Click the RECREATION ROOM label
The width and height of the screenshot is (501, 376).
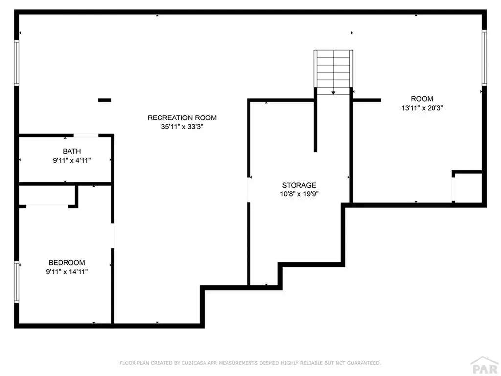[x=182, y=117]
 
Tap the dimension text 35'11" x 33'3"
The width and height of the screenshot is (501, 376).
[x=182, y=126]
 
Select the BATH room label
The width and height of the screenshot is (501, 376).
[x=72, y=151]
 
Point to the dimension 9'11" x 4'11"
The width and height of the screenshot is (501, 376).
[x=72, y=160]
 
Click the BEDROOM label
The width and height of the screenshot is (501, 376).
[x=67, y=262]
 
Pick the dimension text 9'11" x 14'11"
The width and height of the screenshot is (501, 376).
[x=67, y=271]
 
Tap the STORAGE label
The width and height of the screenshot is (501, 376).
[x=299, y=185]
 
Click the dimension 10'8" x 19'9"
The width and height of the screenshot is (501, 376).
[x=299, y=194]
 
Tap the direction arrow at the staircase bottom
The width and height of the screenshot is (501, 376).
[x=333, y=92]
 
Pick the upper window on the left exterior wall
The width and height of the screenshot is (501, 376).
[x=17, y=63]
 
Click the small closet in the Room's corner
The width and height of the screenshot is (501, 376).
[x=468, y=187]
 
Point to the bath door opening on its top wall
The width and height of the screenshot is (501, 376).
[x=86, y=135]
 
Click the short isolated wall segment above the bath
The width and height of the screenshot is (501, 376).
[x=104, y=100]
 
